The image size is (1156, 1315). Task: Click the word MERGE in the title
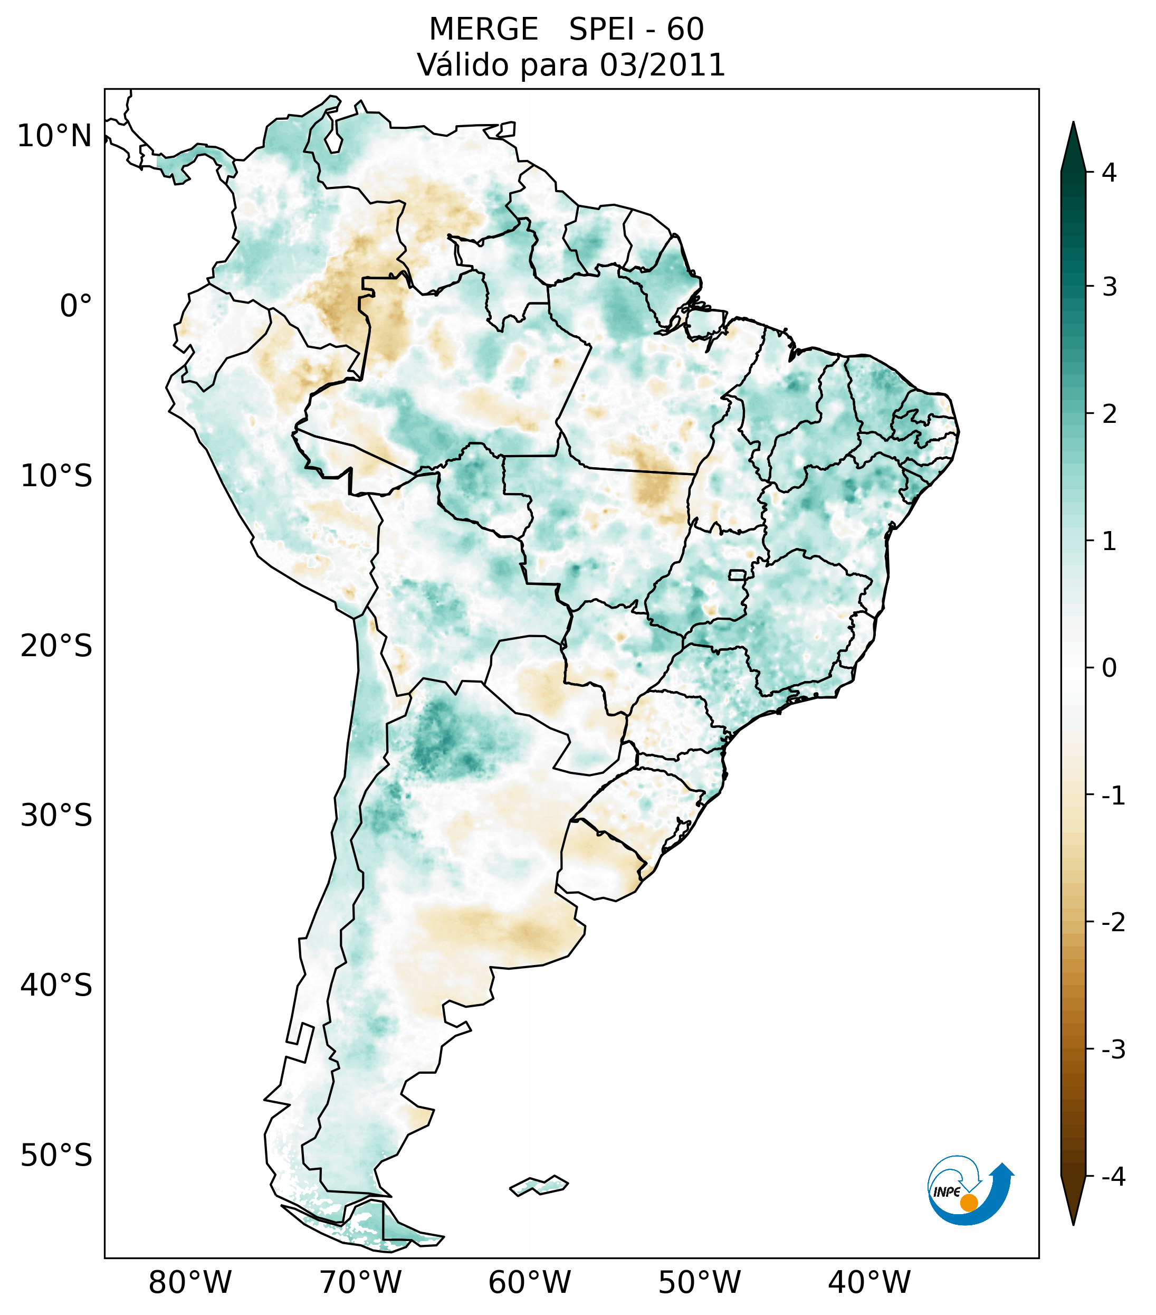[x=483, y=30]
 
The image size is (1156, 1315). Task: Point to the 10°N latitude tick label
[x=54, y=136]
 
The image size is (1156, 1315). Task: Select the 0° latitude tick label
[x=75, y=306]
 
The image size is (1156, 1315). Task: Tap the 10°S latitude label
[x=56, y=476]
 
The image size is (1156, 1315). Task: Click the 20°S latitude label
[x=56, y=646]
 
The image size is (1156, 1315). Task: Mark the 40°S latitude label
[x=56, y=986]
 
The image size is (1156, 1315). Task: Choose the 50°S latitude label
[x=56, y=1156]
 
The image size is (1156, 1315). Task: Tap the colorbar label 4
[x=1109, y=173]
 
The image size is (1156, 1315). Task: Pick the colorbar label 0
[x=1109, y=668]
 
